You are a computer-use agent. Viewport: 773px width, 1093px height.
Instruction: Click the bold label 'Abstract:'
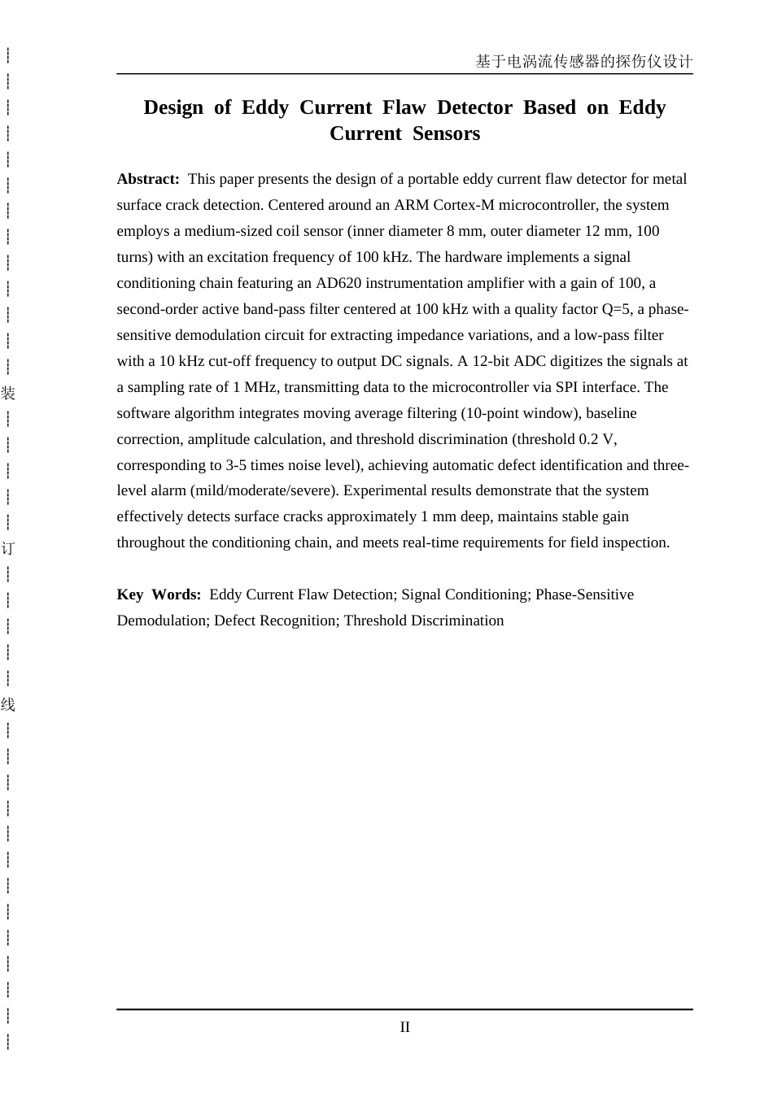coord(147,179)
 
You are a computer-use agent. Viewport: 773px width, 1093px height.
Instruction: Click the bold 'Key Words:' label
coord(159,594)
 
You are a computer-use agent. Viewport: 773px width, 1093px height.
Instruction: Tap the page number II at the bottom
coord(404,1027)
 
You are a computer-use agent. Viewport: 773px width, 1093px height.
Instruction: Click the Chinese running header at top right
coord(583,62)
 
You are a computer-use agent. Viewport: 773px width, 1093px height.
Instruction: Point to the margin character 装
coord(8,394)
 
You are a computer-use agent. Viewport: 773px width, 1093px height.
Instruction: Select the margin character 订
coord(8,548)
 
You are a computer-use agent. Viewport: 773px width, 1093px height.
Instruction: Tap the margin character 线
coord(8,704)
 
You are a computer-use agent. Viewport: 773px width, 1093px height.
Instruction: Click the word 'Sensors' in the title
coord(446,133)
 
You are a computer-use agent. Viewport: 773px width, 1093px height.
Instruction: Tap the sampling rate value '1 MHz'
coord(260,387)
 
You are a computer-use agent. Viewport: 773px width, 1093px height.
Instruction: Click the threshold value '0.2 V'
coord(597,439)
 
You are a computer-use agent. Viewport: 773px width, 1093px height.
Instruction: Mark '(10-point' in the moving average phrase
coord(491,413)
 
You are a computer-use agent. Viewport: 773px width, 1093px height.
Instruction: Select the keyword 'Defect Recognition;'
coord(277,621)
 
